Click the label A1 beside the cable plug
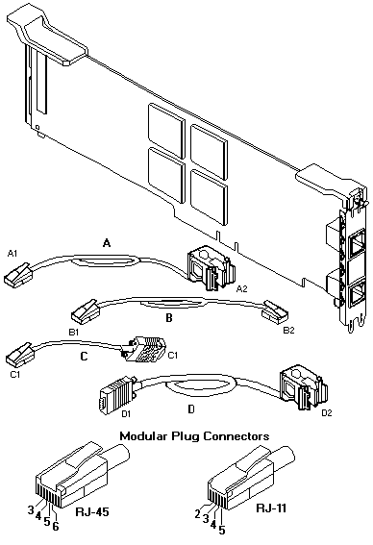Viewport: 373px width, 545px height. [12, 254]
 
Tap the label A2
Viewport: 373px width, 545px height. [241, 288]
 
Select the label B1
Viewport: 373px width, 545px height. [74, 333]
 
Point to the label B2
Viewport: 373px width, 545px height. [288, 331]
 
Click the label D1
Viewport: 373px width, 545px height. [126, 414]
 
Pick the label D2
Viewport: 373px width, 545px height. [327, 413]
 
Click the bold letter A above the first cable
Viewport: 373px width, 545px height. [107, 243]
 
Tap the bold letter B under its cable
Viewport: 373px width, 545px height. [169, 318]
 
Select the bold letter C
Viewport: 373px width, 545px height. [85, 357]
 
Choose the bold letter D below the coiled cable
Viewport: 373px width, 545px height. [191, 409]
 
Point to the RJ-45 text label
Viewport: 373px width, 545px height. [92, 511]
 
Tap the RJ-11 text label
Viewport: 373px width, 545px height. [271, 508]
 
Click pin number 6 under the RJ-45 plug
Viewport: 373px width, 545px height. [56, 526]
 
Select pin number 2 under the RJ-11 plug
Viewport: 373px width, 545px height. [198, 513]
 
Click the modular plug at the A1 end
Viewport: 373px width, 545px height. [19, 275]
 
